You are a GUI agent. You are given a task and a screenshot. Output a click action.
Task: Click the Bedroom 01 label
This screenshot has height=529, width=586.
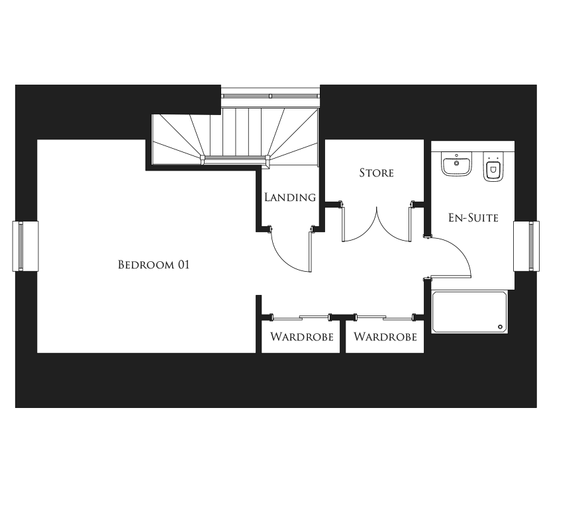[154, 264]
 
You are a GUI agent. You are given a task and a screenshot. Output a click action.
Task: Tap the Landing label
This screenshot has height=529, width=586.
[290, 197]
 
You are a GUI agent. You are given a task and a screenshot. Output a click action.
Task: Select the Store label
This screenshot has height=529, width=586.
[376, 173]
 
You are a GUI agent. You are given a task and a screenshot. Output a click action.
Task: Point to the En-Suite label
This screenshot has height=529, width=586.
[473, 218]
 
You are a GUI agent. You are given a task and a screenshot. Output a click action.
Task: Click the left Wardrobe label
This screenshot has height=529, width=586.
[301, 337]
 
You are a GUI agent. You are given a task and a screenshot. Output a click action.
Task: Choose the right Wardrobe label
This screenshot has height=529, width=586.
[385, 337]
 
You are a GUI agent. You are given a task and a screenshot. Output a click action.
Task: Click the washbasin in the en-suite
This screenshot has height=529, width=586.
[456, 164]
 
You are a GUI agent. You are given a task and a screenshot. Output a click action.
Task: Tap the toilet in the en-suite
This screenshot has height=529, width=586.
[493, 167]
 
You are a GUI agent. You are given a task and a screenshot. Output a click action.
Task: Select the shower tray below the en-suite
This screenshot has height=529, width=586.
[469, 312]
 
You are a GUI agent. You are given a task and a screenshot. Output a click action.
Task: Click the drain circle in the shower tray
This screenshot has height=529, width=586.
[501, 327]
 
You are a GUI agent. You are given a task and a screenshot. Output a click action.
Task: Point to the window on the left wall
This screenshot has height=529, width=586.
[25, 246]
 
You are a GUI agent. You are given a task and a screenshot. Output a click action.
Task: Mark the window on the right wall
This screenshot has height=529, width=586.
[526, 246]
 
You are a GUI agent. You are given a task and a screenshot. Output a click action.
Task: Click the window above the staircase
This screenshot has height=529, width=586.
[271, 96]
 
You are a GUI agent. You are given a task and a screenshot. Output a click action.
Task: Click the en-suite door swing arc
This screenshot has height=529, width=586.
[460, 250]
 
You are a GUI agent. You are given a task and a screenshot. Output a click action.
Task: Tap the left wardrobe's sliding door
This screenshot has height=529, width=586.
[301, 317]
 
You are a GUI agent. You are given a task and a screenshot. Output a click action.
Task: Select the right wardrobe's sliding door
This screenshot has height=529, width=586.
[385, 317]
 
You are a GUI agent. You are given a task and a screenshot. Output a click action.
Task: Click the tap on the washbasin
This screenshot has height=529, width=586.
[456, 155]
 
